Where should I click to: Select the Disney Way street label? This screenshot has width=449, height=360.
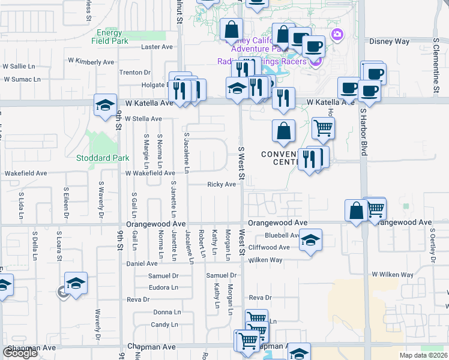(x=389, y=41)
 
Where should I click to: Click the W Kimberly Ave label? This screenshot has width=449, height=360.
(x=91, y=61)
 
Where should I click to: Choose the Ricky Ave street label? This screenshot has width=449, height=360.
(x=221, y=184)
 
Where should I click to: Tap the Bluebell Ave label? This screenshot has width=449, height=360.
(x=282, y=235)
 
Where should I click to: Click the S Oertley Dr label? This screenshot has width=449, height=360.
(x=432, y=247)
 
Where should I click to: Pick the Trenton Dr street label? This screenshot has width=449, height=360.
(x=130, y=72)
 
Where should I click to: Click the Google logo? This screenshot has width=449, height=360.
(x=20, y=353)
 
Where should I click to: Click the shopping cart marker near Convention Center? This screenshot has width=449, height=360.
(x=323, y=127)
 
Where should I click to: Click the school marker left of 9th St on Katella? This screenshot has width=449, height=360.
(x=106, y=104)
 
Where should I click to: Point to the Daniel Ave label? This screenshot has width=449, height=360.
(x=141, y=263)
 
